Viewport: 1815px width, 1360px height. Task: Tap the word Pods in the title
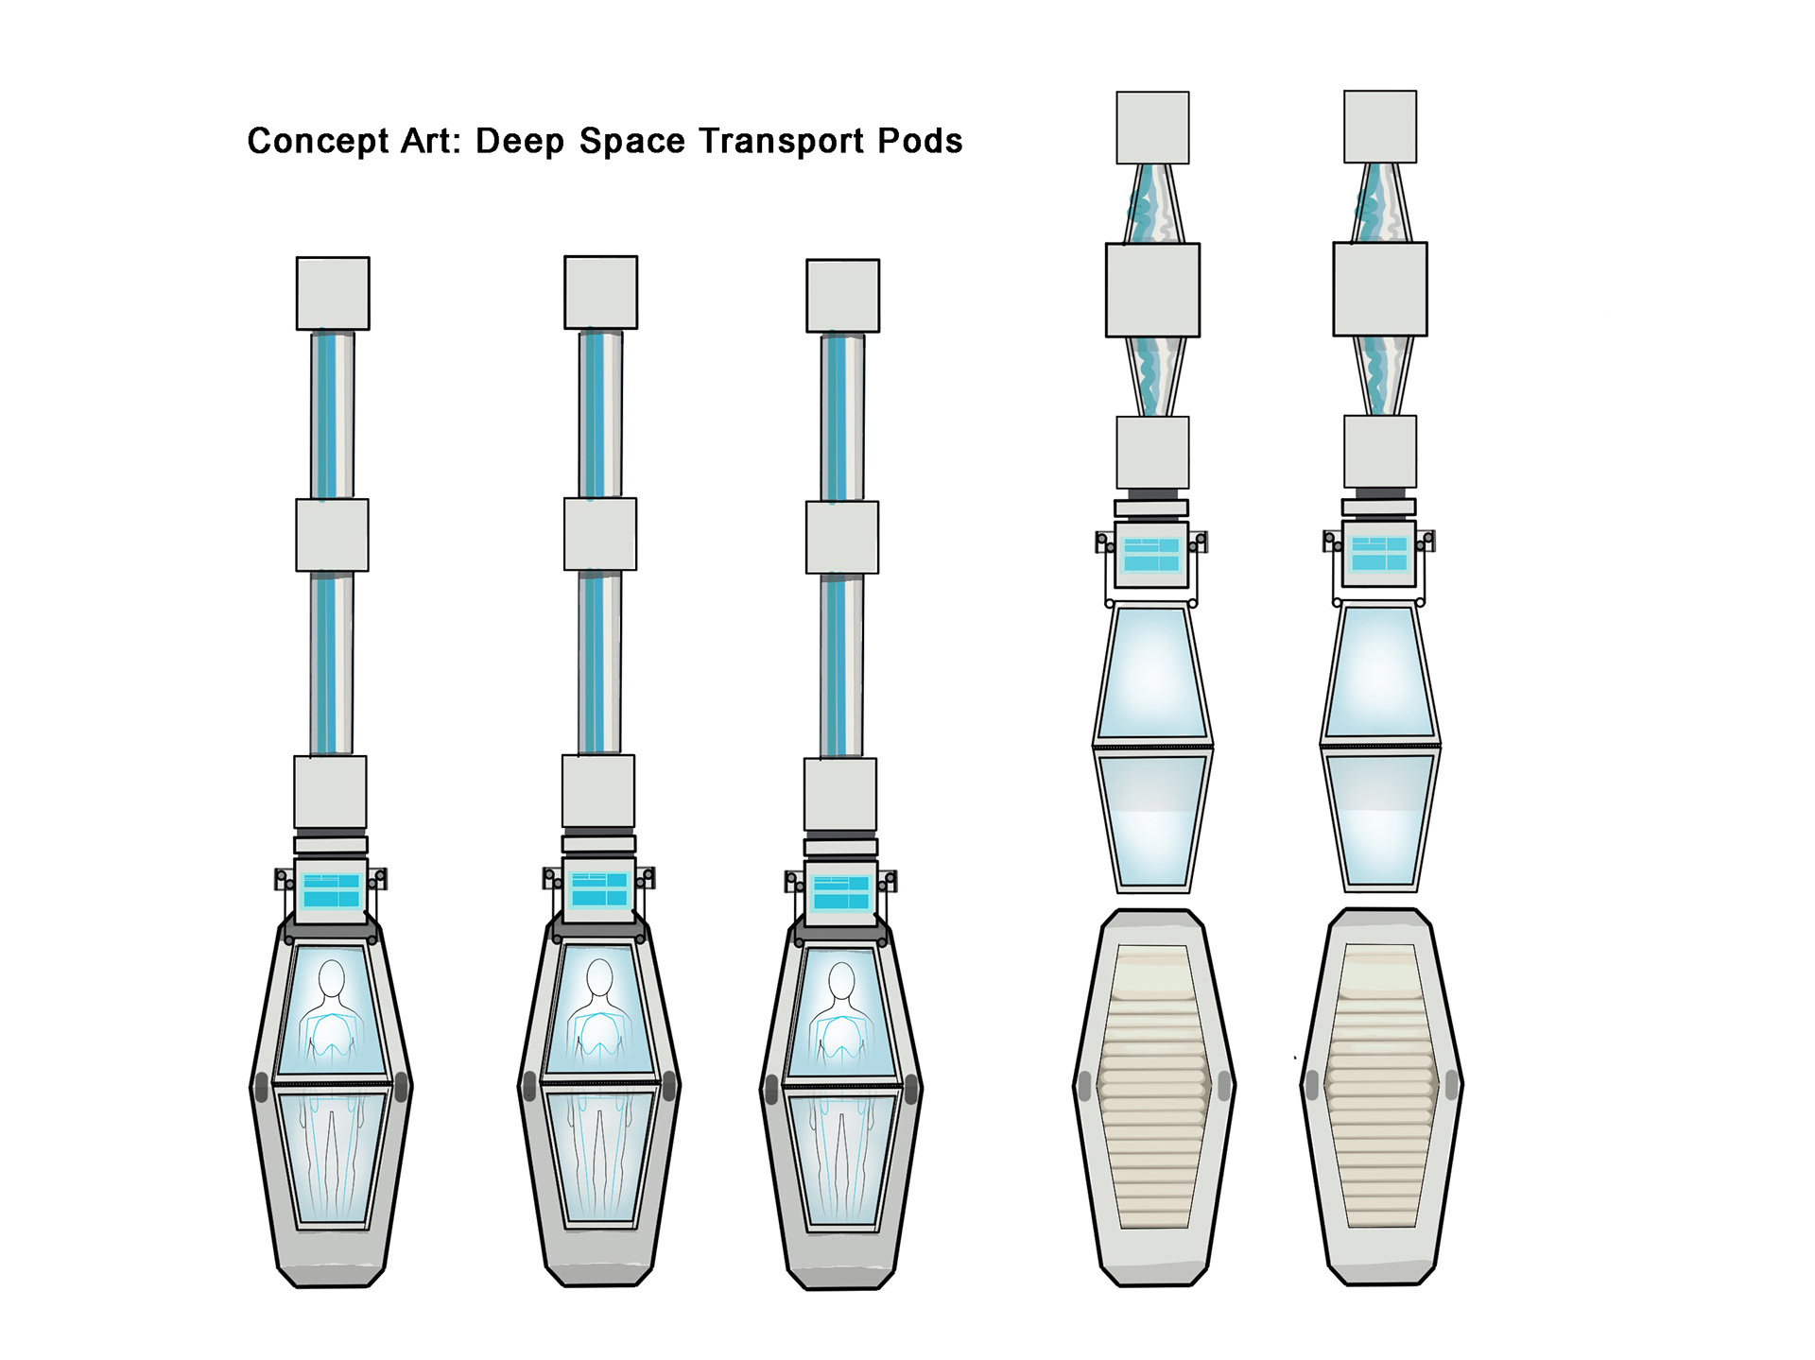pyautogui.click(x=920, y=142)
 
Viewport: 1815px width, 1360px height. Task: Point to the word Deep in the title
pyautogui.click(x=519, y=142)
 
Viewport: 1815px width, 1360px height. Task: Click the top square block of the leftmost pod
pyautogui.click(x=333, y=293)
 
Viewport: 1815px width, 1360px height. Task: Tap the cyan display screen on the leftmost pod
pyautogui.click(x=331, y=890)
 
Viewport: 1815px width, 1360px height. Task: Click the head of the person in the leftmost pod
pyautogui.click(x=332, y=979)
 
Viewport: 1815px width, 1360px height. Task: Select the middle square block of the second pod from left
pyautogui.click(x=600, y=534)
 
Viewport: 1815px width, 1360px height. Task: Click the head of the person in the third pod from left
pyautogui.click(x=841, y=981)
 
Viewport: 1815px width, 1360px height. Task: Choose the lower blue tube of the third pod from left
pyautogui.click(x=840, y=665)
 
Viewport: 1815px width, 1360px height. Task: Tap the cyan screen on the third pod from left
pyautogui.click(x=841, y=892)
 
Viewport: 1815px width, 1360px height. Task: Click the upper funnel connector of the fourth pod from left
pyautogui.click(x=1152, y=203)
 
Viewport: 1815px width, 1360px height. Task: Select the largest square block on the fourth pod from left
pyautogui.click(x=1152, y=290)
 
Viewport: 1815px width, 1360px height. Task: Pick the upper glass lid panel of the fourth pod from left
pyautogui.click(x=1152, y=673)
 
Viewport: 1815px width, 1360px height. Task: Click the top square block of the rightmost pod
pyautogui.click(x=1380, y=127)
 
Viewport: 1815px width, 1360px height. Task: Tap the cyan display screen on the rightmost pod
pyautogui.click(x=1379, y=554)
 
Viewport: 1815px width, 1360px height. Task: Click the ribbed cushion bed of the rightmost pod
pyautogui.click(x=1379, y=1087)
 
